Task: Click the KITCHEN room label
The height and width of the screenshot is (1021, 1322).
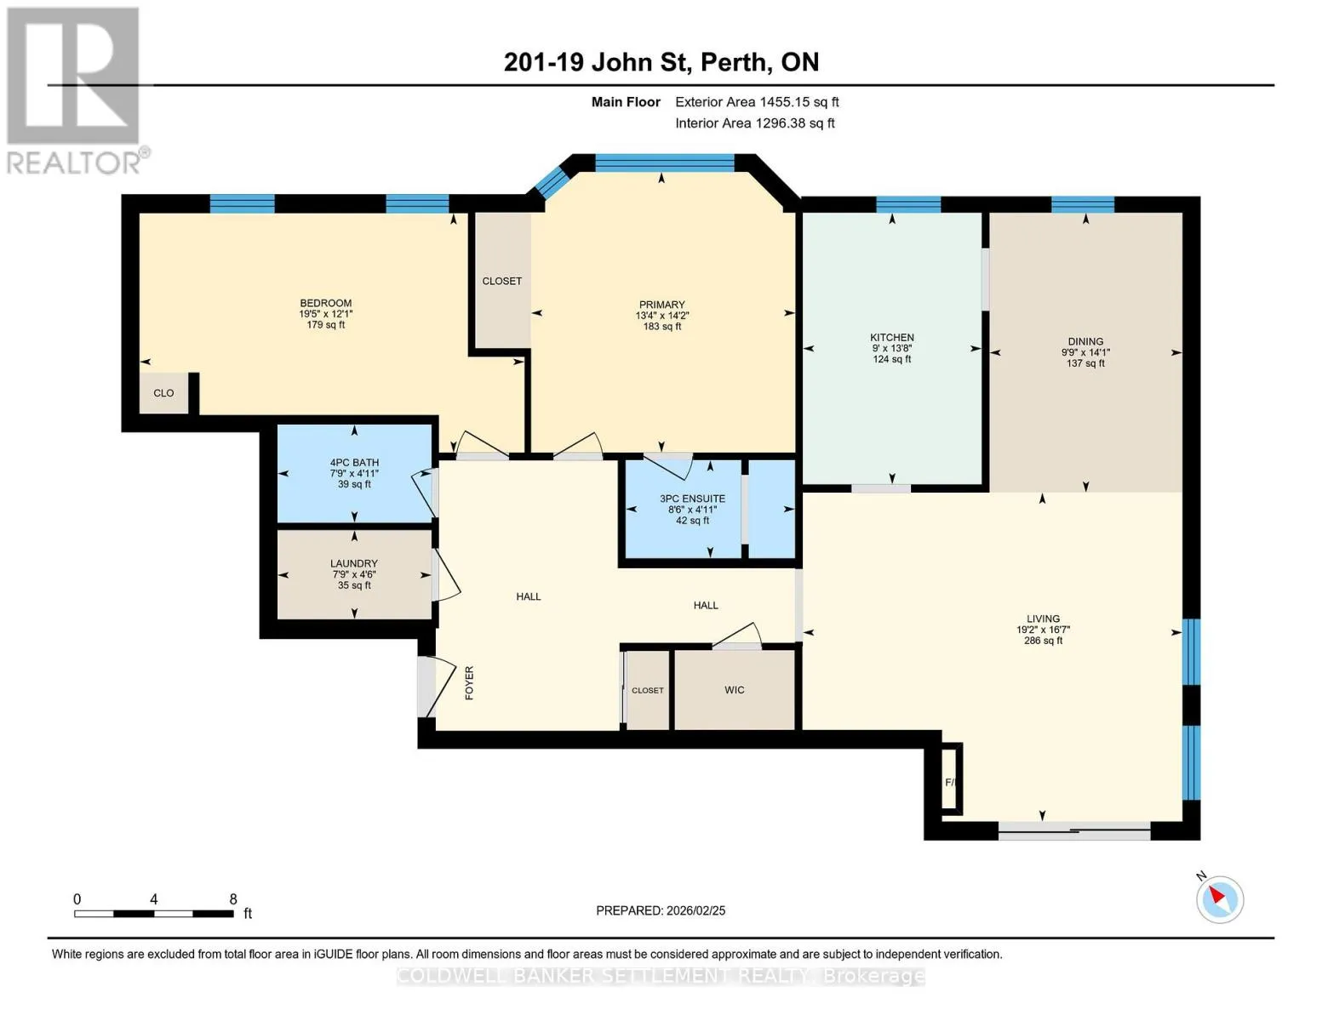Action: tap(892, 338)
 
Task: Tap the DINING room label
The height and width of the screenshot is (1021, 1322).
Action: tap(1085, 342)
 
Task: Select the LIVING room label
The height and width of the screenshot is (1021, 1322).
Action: tap(1043, 619)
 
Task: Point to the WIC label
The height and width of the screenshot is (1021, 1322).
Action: tap(735, 689)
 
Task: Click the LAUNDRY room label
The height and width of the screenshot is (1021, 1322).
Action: tap(354, 564)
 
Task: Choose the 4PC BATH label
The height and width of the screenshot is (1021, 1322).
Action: tap(354, 462)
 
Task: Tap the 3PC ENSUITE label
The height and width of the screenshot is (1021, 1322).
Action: tap(692, 499)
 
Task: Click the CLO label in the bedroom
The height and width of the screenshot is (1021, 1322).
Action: tap(163, 393)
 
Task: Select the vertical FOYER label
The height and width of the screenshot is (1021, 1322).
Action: tap(469, 683)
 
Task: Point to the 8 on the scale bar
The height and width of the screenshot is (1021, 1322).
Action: tap(233, 899)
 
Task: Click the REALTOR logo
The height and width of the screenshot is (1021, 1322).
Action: tap(76, 91)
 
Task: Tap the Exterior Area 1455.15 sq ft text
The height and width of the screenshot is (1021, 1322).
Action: tap(757, 102)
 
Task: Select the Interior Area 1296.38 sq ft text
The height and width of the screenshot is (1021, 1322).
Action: tap(754, 123)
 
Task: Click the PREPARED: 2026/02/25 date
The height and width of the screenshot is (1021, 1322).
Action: tap(661, 910)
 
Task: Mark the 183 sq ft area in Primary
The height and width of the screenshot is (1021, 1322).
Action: tap(662, 327)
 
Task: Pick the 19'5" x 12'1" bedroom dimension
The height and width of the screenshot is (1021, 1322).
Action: tap(325, 315)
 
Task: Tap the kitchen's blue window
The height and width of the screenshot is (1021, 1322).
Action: tap(908, 204)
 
